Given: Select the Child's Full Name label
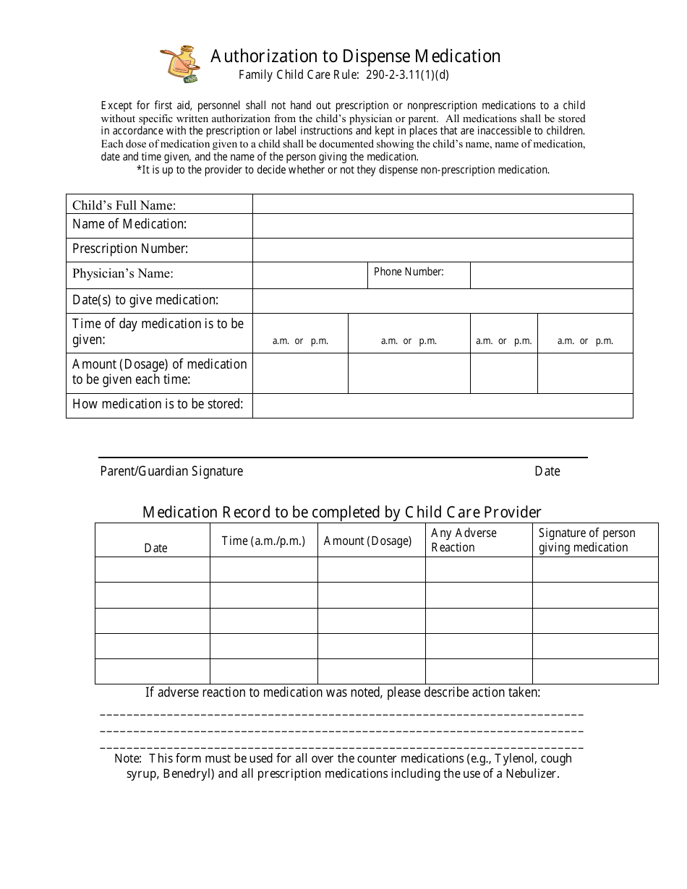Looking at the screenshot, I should (x=124, y=205).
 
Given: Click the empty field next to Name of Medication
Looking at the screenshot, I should (x=442, y=226).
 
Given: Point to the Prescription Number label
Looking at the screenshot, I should (x=130, y=249).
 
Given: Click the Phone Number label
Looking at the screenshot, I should (x=409, y=272).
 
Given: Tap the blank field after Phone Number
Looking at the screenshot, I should (x=550, y=275).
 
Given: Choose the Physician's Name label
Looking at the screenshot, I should (x=122, y=274).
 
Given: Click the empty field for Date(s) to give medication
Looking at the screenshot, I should (x=442, y=301).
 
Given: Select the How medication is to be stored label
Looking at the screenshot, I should (x=158, y=404).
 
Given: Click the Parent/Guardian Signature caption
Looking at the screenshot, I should (x=171, y=471).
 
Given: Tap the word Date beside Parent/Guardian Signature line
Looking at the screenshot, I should (x=547, y=471).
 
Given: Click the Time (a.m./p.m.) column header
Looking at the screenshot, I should (x=263, y=541).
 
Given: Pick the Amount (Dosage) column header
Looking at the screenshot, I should (x=367, y=541).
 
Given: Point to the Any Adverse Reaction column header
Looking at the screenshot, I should (x=464, y=540).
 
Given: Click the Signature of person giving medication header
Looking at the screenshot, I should (x=586, y=540).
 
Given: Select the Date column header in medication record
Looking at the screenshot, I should (x=155, y=548).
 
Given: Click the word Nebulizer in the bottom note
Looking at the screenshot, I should (x=532, y=773).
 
